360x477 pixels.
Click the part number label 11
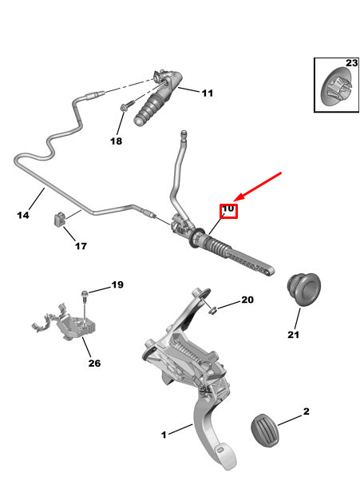[207, 93]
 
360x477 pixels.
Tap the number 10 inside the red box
[227, 209]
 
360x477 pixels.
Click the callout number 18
[117, 141]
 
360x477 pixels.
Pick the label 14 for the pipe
[23, 215]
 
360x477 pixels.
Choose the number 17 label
[81, 246]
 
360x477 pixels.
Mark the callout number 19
[117, 285]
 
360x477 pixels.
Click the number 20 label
[247, 300]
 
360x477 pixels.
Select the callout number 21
[293, 334]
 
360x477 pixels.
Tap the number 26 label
[94, 364]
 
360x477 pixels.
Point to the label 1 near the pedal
[164, 435]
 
